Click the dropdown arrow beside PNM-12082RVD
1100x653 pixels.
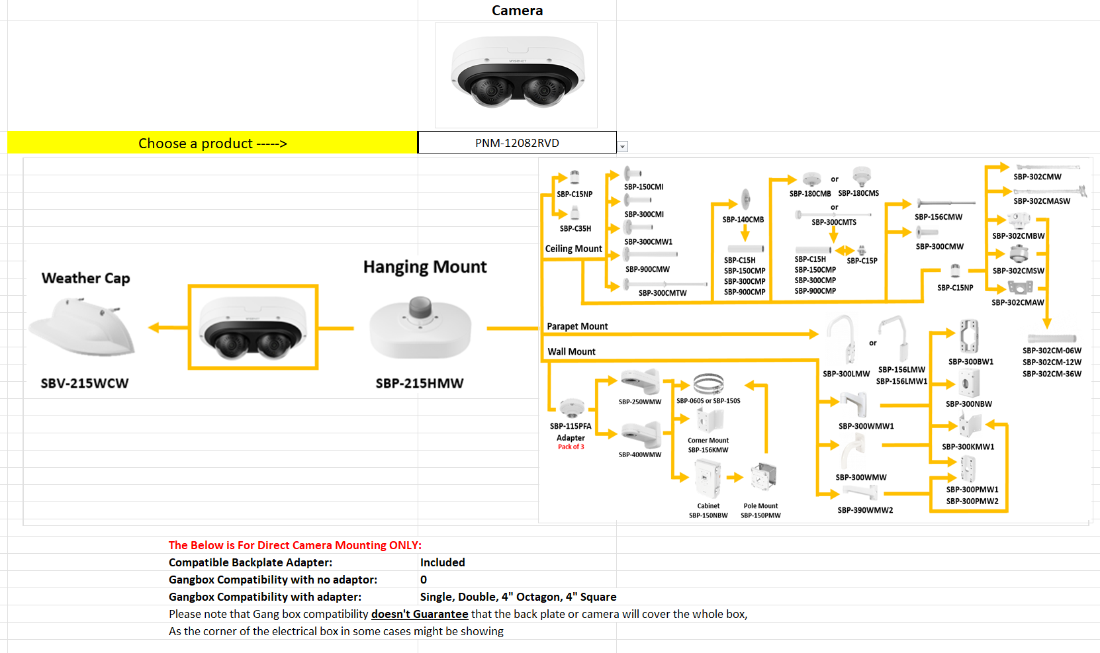click(623, 147)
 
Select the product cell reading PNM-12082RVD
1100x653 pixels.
click(516, 143)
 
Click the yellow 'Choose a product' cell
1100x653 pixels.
click(212, 143)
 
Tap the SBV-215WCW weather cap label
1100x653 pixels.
click(85, 383)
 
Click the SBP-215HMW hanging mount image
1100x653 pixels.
click(420, 328)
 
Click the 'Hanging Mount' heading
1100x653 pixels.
click(425, 267)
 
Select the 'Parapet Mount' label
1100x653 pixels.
click(577, 326)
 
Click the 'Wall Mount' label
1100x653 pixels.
click(571, 351)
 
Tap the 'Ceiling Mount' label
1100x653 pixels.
click(573, 249)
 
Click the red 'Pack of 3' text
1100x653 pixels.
click(571, 447)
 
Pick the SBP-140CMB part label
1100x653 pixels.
click(743, 220)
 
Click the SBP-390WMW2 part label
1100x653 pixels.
click(865, 510)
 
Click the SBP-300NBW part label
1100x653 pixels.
click(968, 404)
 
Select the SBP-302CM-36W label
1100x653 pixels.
click(1052, 374)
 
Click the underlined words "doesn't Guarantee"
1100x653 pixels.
click(420, 614)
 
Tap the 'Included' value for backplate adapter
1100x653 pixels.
click(442, 562)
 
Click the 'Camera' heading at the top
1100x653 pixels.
click(517, 11)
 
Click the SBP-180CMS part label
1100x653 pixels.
click(858, 193)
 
